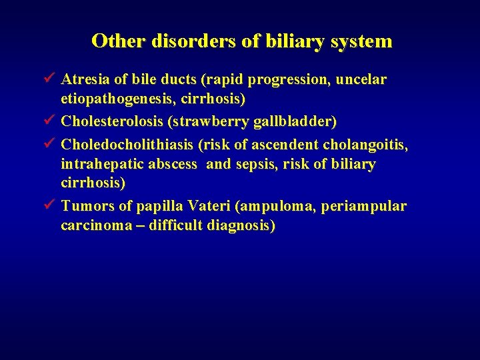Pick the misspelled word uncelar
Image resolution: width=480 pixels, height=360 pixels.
pyautogui.click(x=361, y=80)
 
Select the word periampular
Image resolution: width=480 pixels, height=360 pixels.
pyautogui.click(x=363, y=206)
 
